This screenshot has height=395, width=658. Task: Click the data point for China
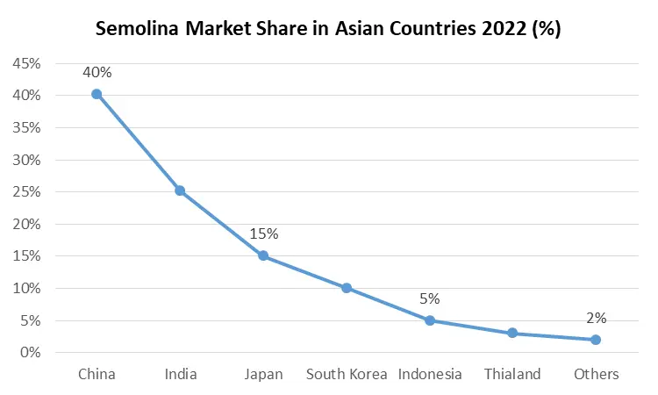pos(97,94)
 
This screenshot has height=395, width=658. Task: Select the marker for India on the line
pos(180,190)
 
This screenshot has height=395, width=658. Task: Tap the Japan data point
pos(263,255)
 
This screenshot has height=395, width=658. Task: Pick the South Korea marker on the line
pos(347,288)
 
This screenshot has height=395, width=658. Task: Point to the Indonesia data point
pos(430,320)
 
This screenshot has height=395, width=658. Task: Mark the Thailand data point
pos(512,333)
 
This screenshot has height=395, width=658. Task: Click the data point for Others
pos(596,340)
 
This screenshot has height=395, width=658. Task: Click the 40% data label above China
pos(97,73)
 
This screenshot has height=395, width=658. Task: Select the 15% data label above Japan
pos(263,234)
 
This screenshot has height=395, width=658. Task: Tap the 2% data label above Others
pos(596,319)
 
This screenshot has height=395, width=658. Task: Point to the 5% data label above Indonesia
pos(430,299)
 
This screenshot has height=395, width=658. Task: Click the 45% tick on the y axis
pos(25,64)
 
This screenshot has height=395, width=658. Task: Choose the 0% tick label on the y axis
pos(30,353)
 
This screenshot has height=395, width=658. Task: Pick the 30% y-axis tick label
pos(25,161)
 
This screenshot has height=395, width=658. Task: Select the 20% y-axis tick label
pos(25,225)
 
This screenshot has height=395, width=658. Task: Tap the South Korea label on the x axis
pos(347,375)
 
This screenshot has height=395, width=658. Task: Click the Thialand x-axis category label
pos(512,375)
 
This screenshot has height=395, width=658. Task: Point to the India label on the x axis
pos(181,375)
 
